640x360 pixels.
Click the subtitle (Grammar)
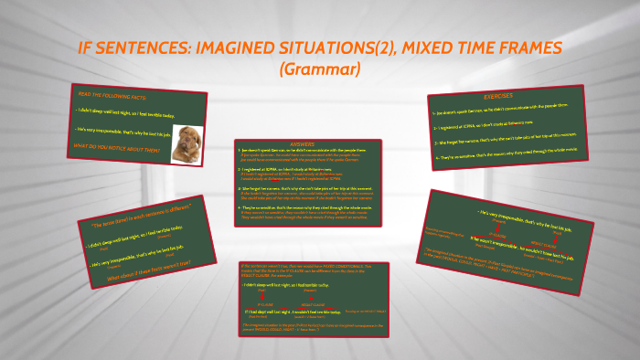click(320, 69)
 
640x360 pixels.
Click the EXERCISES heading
click(499, 95)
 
